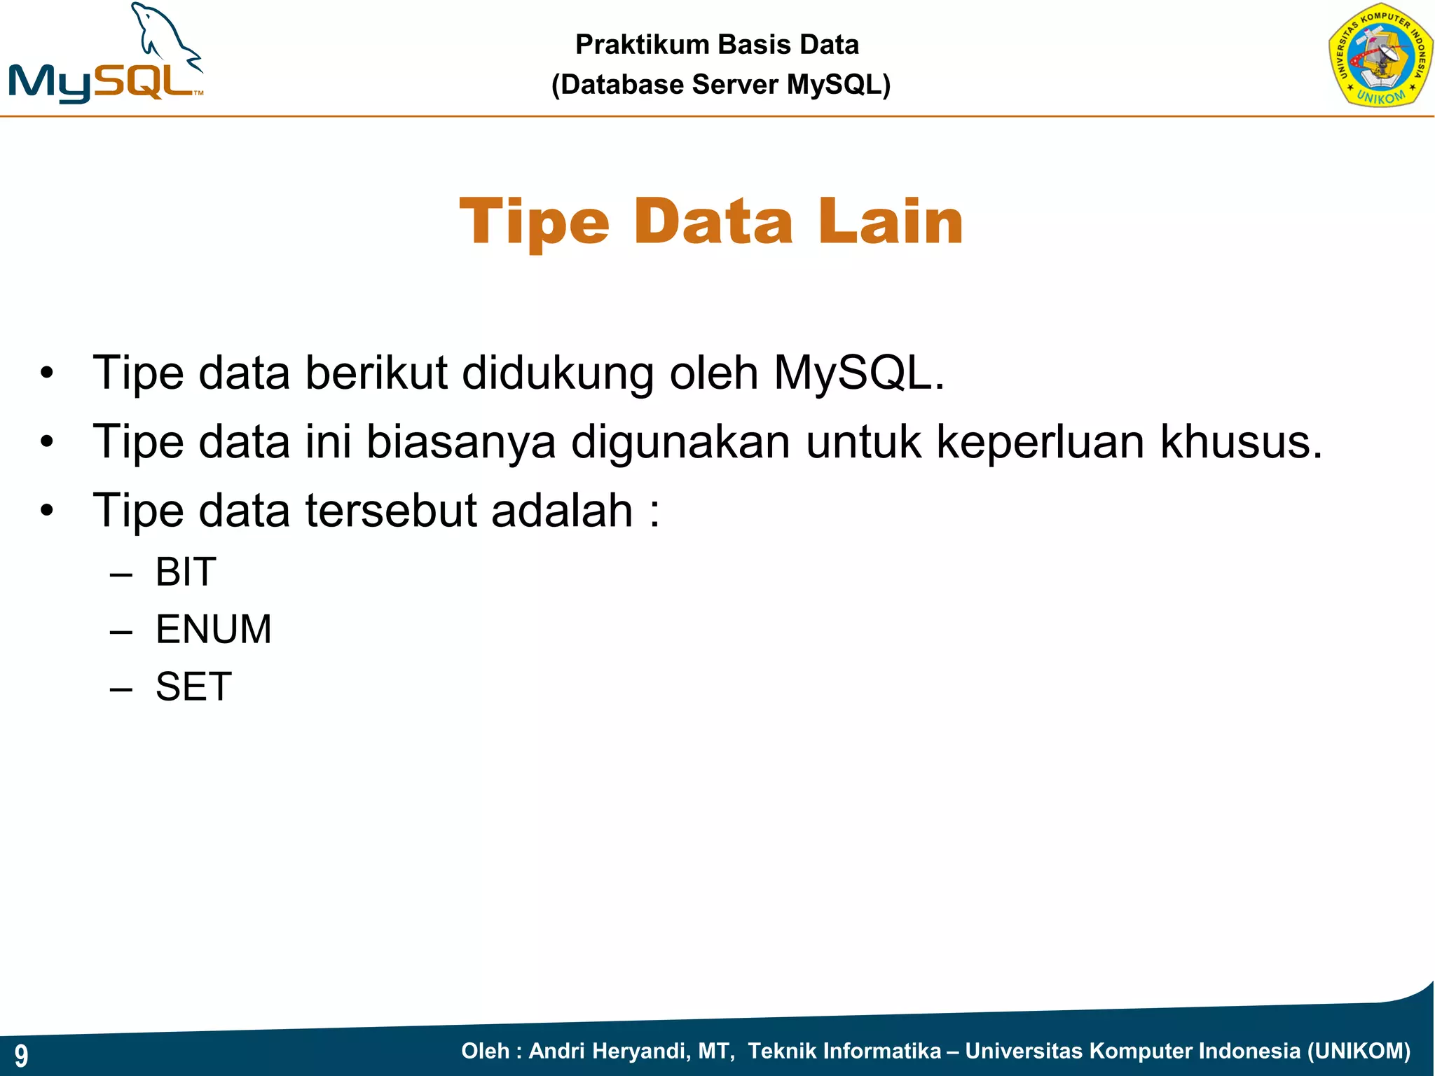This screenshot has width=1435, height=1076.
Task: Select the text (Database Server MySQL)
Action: [x=720, y=85]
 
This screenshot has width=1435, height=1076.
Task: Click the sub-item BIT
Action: [x=186, y=572]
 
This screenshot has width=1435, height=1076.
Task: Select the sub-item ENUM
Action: [x=213, y=629]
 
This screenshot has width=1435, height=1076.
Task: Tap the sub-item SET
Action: [x=193, y=687]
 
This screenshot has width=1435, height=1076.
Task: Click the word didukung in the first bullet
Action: [x=558, y=373]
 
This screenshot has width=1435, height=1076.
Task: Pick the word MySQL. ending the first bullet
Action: [x=859, y=373]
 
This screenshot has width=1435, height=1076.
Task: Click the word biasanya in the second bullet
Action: [x=461, y=442]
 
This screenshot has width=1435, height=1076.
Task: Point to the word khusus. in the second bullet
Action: [x=1241, y=442]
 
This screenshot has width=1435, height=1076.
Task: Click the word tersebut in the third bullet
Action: [x=391, y=511]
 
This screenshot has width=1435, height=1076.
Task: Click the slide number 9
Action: [x=21, y=1055]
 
